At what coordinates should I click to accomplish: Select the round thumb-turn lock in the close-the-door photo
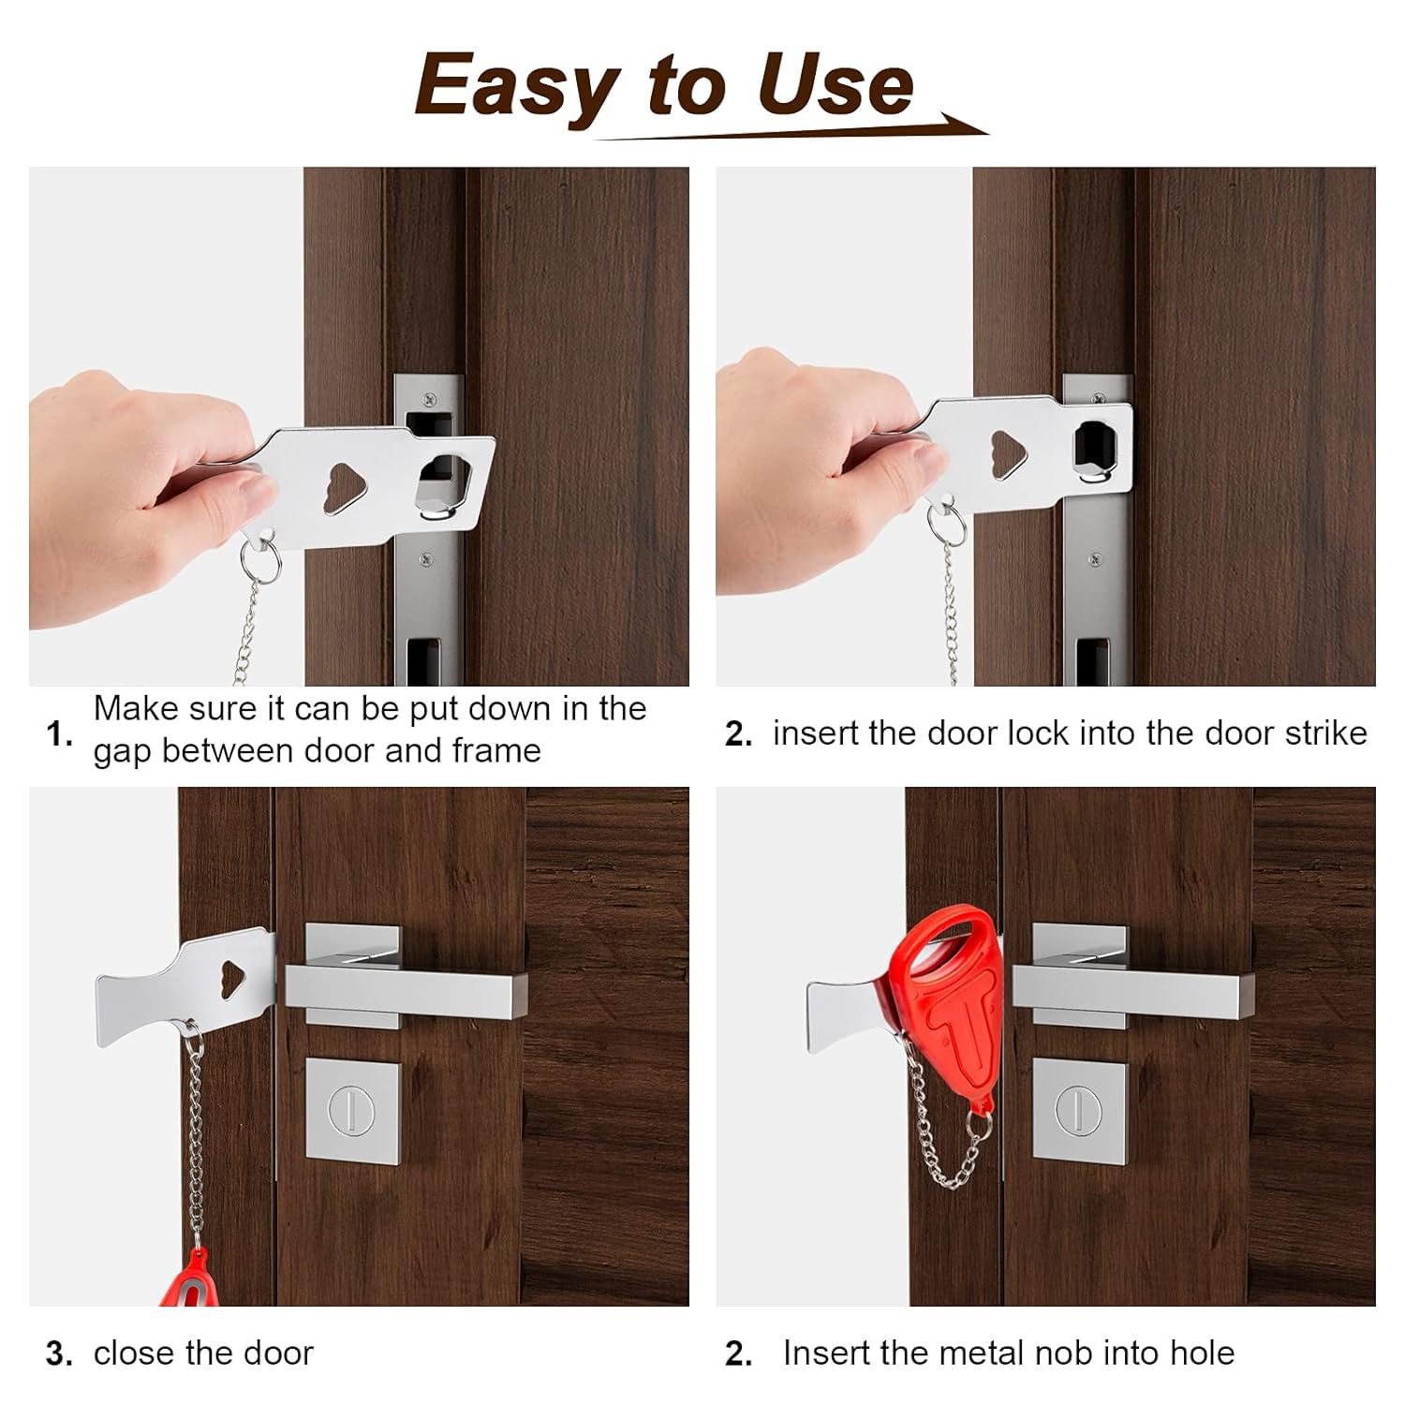[x=352, y=1111]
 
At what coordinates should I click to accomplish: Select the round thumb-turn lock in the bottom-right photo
[x=1078, y=1111]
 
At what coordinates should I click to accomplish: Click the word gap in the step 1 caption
[x=122, y=752]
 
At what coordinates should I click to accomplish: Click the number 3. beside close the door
[x=59, y=1354]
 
